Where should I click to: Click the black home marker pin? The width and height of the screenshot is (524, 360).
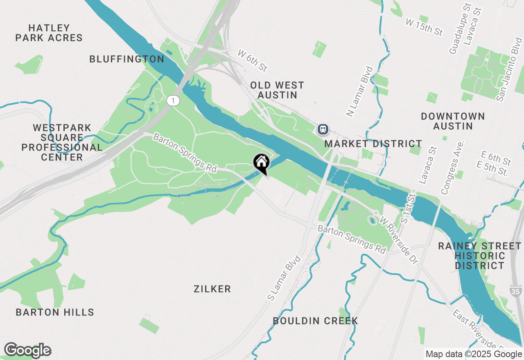(x=261, y=163)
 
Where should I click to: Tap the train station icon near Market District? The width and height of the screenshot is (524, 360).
(x=323, y=129)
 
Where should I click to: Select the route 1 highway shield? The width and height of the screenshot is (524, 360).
(x=174, y=101)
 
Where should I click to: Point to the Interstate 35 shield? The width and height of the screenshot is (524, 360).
(x=516, y=291)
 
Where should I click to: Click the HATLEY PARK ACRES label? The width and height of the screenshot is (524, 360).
(x=49, y=33)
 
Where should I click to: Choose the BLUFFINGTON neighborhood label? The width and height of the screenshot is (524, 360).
(x=127, y=59)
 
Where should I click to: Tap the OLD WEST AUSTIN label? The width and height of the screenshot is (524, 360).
(x=277, y=90)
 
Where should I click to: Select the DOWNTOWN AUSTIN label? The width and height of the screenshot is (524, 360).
(x=453, y=121)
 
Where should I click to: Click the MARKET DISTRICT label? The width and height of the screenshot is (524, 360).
(x=373, y=144)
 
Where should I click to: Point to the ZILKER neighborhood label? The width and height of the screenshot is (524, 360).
(x=212, y=289)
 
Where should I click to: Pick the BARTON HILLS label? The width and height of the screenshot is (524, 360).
(x=55, y=313)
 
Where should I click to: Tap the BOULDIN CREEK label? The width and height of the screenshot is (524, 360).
(x=316, y=321)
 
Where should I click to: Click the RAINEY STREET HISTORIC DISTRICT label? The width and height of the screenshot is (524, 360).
(x=480, y=256)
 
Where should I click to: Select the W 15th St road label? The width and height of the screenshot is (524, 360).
(x=424, y=27)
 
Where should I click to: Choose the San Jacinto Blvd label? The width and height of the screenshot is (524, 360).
(x=509, y=70)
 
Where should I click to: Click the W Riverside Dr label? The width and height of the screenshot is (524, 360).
(x=400, y=240)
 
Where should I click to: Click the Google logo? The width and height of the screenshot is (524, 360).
(x=28, y=350)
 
